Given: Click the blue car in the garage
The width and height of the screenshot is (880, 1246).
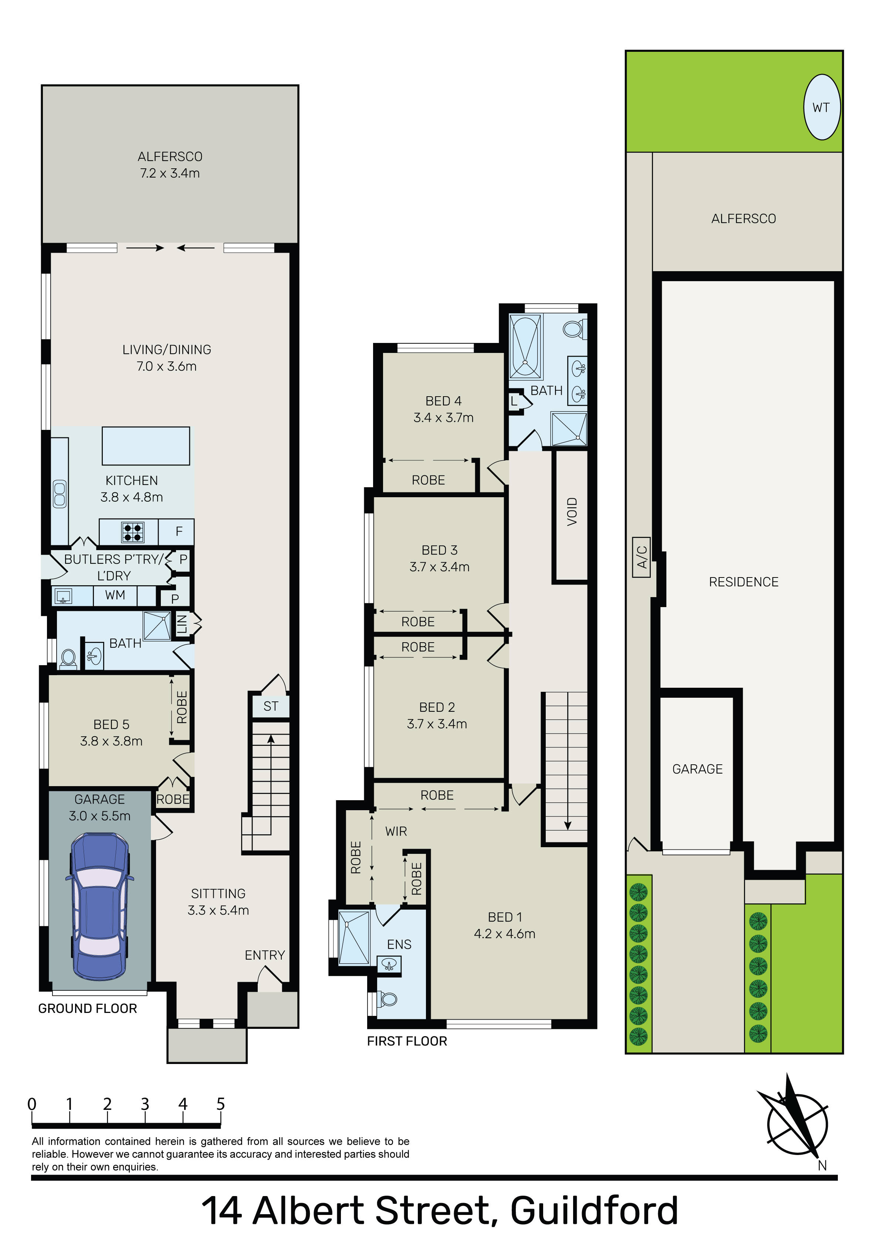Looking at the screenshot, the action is point(100,907).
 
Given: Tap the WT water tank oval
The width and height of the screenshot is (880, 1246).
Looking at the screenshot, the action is point(822,107).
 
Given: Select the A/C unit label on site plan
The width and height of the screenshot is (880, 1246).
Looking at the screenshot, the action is point(641,557).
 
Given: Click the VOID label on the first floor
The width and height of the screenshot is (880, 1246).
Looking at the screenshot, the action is point(572,511).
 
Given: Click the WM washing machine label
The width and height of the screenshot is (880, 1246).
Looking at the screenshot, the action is point(115,595).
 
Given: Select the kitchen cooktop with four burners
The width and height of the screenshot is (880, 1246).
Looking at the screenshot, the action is point(132,532).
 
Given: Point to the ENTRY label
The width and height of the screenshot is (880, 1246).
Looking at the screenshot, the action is point(265,955).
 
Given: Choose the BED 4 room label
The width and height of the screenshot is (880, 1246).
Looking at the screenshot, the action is point(443,401).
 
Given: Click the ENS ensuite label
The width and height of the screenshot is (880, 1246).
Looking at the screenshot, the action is point(399,944).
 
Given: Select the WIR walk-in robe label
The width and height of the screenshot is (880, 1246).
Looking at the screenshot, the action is point(396,831).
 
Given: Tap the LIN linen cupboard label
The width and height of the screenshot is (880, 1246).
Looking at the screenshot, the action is point(182,624).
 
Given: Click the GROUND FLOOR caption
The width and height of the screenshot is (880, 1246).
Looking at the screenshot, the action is point(87,1008).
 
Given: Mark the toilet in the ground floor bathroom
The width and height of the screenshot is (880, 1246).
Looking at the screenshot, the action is point(68,658).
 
